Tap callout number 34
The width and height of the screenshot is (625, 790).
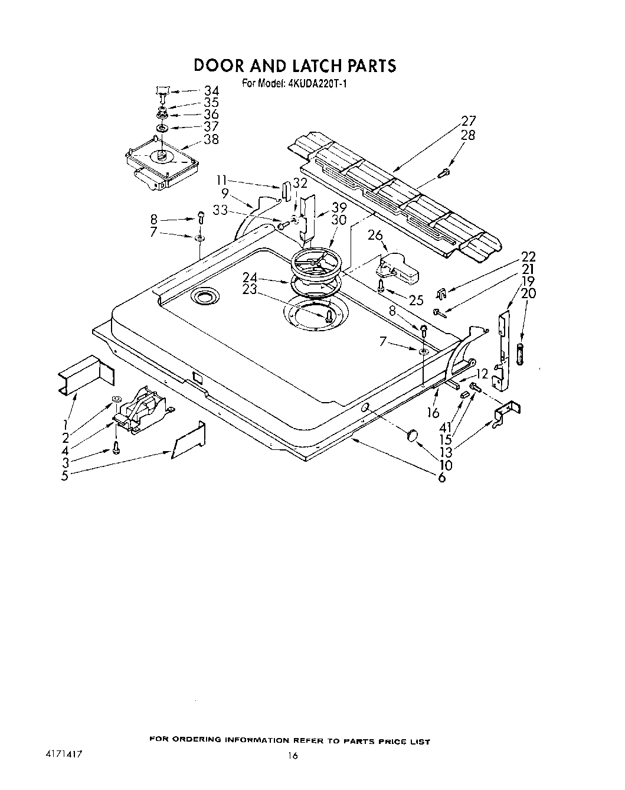pyautogui.click(x=211, y=90)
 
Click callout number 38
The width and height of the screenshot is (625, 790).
pyautogui.click(x=211, y=139)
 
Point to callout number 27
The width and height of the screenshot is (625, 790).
pyautogui.click(x=469, y=120)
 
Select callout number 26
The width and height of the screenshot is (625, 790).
pyautogui.click(x=375, y=235)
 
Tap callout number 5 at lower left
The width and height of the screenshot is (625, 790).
pyautogui.click(x=65, y=475)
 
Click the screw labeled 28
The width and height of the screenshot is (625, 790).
pyautogui.click(x=444, y=172)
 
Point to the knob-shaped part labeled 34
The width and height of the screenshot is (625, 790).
pyautogui.click(x=162, y=90)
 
